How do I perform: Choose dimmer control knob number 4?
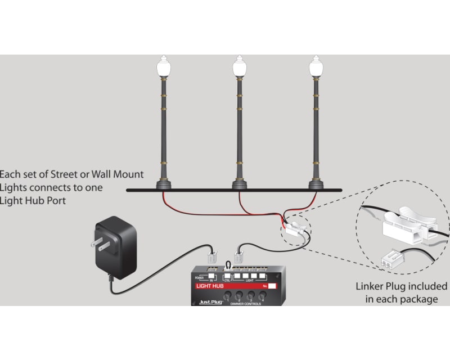tap(262, 296)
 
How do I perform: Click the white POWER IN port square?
tap(211, 277)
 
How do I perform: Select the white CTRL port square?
tap(228, 277)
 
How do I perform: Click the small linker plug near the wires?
tap(295, 227)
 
